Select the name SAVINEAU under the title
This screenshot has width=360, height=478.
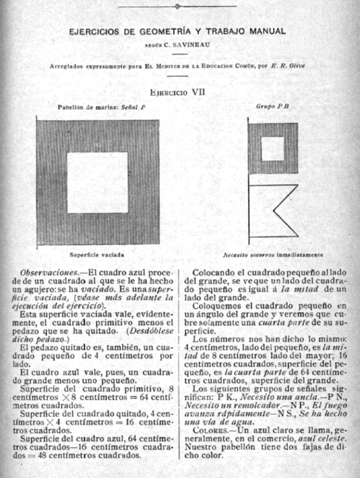[x=191, y=44]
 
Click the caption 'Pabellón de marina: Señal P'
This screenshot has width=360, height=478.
[x=101, y=107]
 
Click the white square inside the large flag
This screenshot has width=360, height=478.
[x=98, y=182]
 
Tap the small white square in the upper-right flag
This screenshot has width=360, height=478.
[x=272, y=149]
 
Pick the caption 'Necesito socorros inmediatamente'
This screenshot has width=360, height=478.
[x=273, y=255]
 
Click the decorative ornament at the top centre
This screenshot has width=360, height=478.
[x=178, y=6]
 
